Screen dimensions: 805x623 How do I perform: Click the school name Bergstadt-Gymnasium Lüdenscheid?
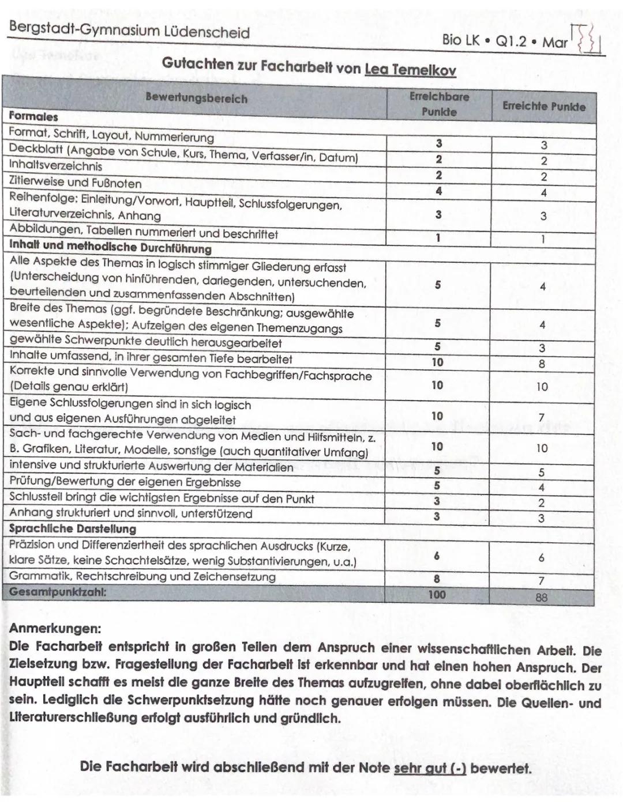(129, 31)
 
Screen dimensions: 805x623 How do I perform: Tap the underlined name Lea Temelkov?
(410, 70)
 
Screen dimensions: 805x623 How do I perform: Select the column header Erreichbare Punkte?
(439, 104)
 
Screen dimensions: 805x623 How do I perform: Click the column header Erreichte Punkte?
(543, 106)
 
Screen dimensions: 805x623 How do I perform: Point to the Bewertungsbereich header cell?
(196, 98)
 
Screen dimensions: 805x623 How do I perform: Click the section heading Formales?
(33, 116)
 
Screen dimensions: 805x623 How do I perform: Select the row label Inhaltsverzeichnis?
(55, 166)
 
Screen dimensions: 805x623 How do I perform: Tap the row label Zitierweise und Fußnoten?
(75, 183)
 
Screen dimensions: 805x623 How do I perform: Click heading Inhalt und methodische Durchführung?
(110, 248)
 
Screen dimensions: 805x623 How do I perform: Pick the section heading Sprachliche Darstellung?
(73, 528)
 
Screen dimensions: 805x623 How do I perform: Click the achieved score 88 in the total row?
(541, 598)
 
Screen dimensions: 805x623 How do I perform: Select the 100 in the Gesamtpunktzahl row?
(437, 594)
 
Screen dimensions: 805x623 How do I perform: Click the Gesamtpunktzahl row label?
(58, 592)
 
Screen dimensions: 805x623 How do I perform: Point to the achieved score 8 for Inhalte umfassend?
(542, 364)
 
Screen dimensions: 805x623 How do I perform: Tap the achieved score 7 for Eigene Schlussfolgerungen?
(542, 417)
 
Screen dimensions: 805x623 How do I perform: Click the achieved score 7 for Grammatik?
(541, 581)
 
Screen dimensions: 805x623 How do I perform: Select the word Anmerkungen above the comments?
(55, 628)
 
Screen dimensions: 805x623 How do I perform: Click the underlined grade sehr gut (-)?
(430, 768)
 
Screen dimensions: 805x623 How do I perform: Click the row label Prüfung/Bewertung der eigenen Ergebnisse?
(125, 482)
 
